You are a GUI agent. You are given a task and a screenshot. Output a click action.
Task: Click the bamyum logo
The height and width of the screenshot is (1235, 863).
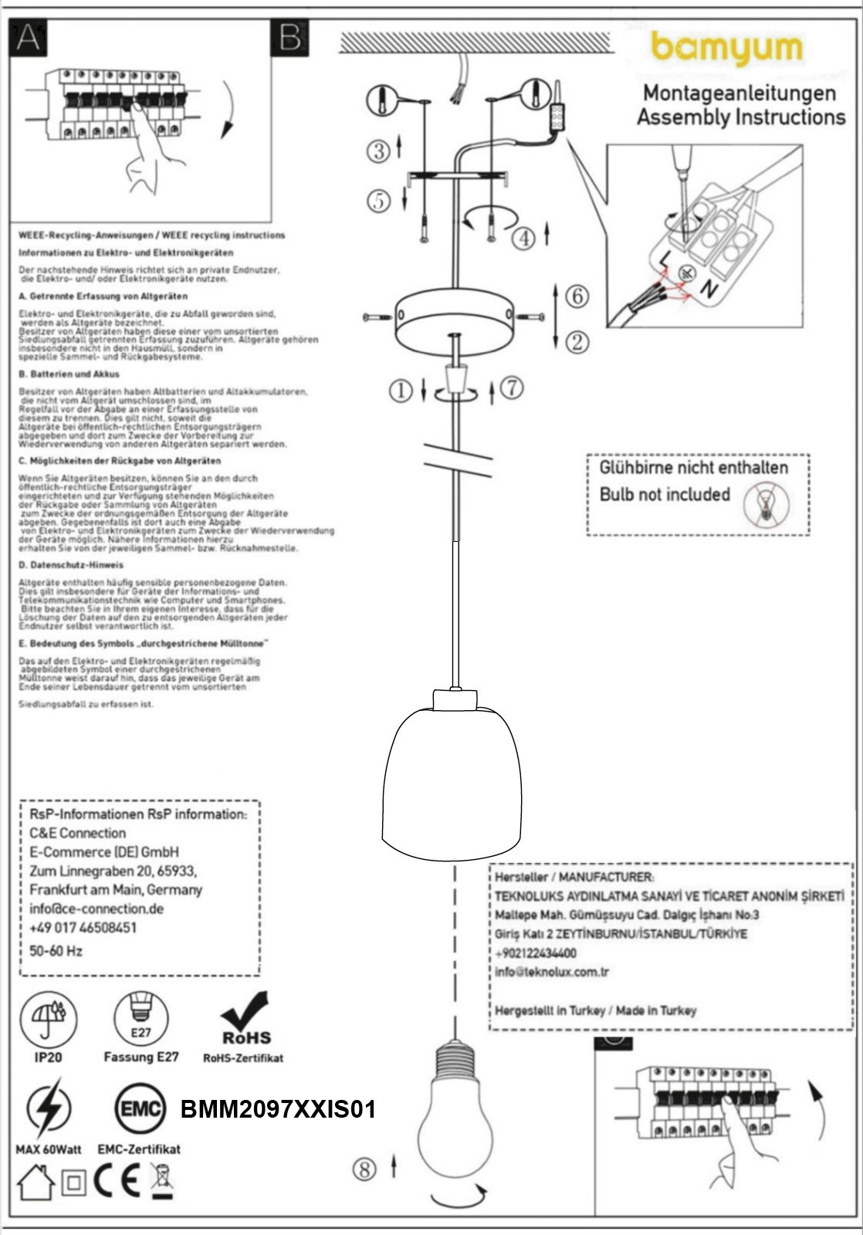click(x=726, y=49)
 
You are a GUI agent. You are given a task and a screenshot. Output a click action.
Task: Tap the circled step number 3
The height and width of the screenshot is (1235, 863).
click(x=378, y=151)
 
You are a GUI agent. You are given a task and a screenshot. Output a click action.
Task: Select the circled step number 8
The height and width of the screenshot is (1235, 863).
click(x=364, y=1169)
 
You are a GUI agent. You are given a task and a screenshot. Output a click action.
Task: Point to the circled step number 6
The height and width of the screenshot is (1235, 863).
click(x=577, y=296)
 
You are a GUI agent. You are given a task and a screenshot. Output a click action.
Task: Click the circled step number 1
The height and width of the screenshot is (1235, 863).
click(x=401, y=391)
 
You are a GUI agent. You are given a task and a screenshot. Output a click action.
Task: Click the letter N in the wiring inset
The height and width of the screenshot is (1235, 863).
click(x=707, y=289)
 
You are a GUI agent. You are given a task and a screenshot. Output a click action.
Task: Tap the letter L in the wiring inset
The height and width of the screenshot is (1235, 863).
click(x=665, y=259)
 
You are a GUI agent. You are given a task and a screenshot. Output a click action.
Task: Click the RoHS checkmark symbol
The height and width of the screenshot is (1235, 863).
click(x=246, y=1018)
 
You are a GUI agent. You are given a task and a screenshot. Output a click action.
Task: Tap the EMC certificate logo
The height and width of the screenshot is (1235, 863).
click(x=140, y=1110)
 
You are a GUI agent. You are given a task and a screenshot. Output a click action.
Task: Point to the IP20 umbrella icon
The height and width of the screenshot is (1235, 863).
click(x=49, y=1018)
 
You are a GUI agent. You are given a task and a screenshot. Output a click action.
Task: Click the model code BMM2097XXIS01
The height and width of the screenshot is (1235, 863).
click(x=278, y=1110)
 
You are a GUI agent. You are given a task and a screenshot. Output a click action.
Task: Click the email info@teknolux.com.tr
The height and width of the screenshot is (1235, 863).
click(x=552, y=972)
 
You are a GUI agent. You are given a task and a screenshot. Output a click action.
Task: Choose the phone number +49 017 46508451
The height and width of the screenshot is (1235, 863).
click(x=83, y=927)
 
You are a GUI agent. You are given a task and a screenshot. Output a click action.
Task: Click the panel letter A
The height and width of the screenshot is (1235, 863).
click(x=28, y=37)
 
